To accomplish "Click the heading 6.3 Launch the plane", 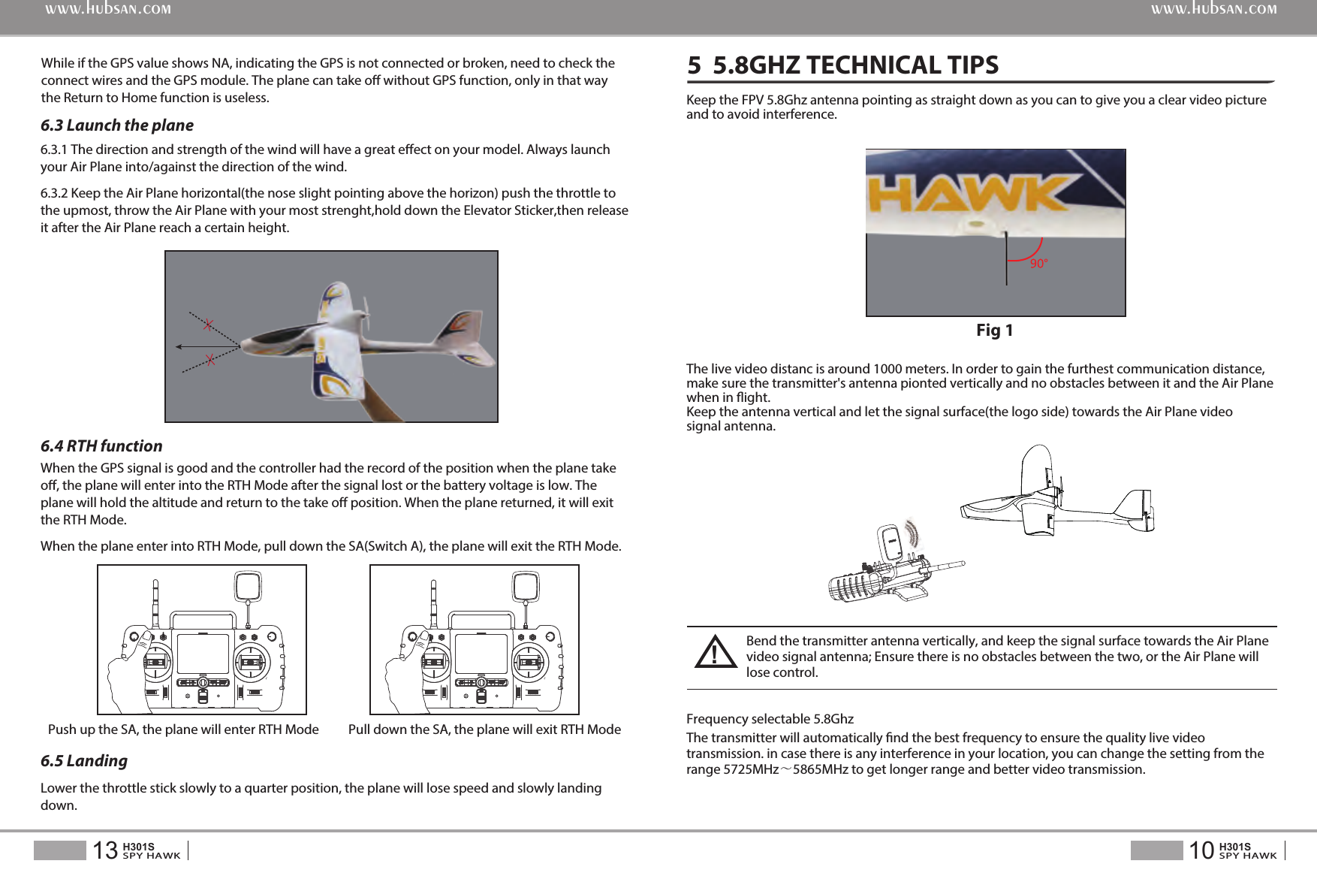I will click(x=117, y=125).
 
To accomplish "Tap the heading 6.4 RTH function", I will click(x=101, y=446).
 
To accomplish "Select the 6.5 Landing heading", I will click(x=84, y=761).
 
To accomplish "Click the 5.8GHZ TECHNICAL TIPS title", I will click(x=842, y=65).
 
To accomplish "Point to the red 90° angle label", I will click(x=1038, y=264).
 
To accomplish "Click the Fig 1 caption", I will click(x=994, y=331).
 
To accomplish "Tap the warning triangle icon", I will click(x=715, y=652).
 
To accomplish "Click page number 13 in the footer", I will click(x=105, y=850).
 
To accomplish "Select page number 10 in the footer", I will click(x=1201, y=850).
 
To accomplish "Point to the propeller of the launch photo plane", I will click(x=366, y=316).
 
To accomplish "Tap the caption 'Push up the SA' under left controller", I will click(x=183, y=729).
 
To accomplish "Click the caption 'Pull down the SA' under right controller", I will click(x=484, y=729).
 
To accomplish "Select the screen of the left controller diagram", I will click(x=203, y=654).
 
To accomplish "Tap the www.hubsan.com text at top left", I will click(x=108, y=10).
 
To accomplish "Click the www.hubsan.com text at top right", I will click(x=1213, y=10).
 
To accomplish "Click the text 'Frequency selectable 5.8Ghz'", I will click(x=770, y=719).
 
